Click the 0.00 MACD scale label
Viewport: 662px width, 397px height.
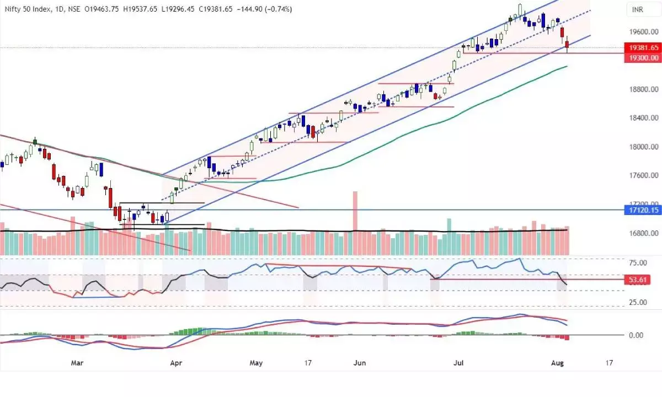coord(635,335)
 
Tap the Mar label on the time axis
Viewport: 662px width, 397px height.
coord(78,363)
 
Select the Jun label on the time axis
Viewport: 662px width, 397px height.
coord(359,363)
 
